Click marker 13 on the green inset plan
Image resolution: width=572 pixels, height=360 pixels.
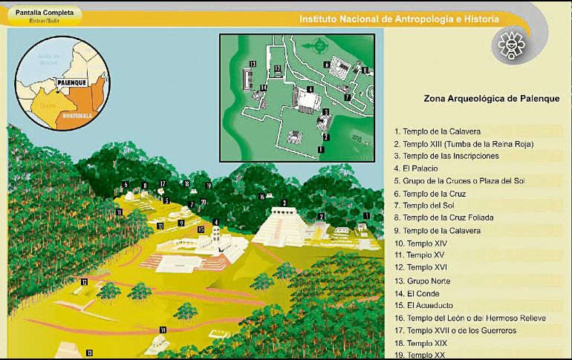click(x=253, y=65)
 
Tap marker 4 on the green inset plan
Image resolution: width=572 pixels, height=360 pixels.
click(x=309, y=89)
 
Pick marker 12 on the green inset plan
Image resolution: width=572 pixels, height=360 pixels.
click(x=276, y=69)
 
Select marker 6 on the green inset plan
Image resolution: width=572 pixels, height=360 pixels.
click(x=326, y=65)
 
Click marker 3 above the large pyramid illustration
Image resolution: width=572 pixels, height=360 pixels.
click(x=284, y=203)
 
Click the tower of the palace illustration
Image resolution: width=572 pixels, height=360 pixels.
click(x=215, y=236)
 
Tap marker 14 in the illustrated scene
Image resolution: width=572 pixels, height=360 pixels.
click(x=162, y=330)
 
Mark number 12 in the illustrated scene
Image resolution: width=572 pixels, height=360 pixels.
click(x=84, y=281)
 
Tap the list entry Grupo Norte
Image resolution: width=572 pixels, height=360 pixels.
click(x=424, y=281)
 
